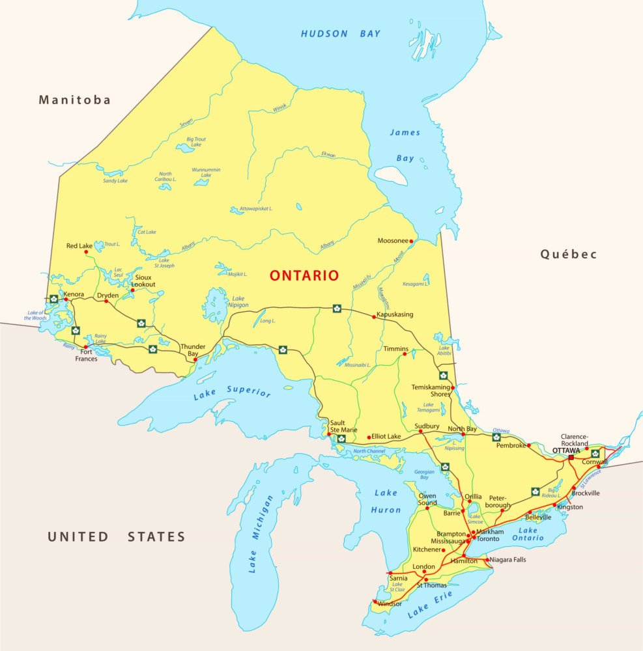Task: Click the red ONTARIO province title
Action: [x=304, y=275]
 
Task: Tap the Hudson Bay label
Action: [x=340, y=34]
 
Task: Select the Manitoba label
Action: [x=75, y=100]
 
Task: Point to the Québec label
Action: [x=568, y=255]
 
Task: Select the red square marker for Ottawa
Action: [x=571, y=458]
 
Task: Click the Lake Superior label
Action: [x=232, y=392]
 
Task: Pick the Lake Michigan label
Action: [x=261, y=534]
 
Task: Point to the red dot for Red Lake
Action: [x=86, y=253]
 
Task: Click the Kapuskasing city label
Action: [x=395, y=314]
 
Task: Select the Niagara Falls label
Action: [x=509, y=559]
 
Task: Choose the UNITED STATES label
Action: [x=117, y=537]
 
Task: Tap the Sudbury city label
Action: [x=427, y=426]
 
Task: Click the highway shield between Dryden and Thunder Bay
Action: [x=141, y=323]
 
